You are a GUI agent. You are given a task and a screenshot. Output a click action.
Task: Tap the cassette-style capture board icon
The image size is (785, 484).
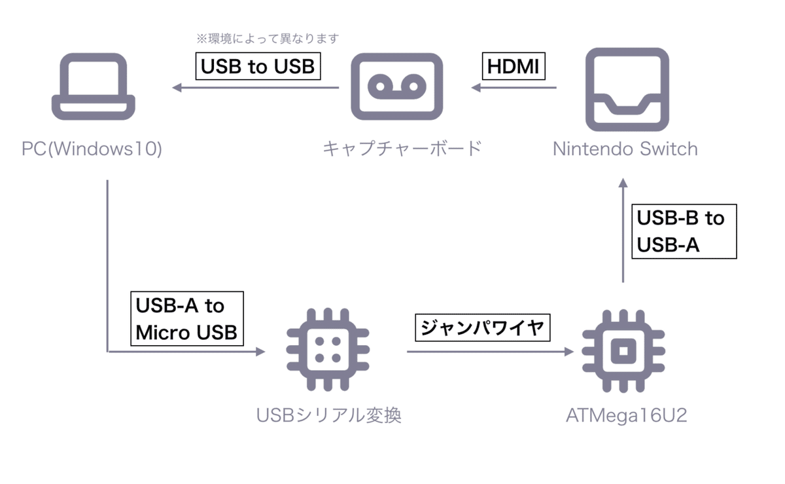click(396, 86)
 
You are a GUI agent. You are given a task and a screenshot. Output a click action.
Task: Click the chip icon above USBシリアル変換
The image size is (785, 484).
click(327, 352)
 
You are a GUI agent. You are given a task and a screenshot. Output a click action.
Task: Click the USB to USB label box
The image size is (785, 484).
click(258, 66)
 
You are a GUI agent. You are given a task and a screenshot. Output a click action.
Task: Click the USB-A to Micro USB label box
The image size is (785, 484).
click(186, 318)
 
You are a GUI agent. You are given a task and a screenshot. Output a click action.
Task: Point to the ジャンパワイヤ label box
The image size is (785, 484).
click(483, 327)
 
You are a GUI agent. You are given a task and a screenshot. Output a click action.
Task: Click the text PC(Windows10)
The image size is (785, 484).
click(92, 149)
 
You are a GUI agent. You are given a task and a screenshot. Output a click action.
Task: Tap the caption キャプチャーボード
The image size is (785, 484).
click(402, 149)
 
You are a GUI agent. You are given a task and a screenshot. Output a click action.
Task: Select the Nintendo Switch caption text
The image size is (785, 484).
click(625, 149)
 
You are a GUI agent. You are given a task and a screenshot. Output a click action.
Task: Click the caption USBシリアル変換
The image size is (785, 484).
click(329, 415)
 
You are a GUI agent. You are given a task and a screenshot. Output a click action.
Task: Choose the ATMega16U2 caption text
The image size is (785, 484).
click(627, 415)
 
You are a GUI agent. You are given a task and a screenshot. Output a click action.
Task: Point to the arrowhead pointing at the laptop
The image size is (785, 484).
click(177, 87)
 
